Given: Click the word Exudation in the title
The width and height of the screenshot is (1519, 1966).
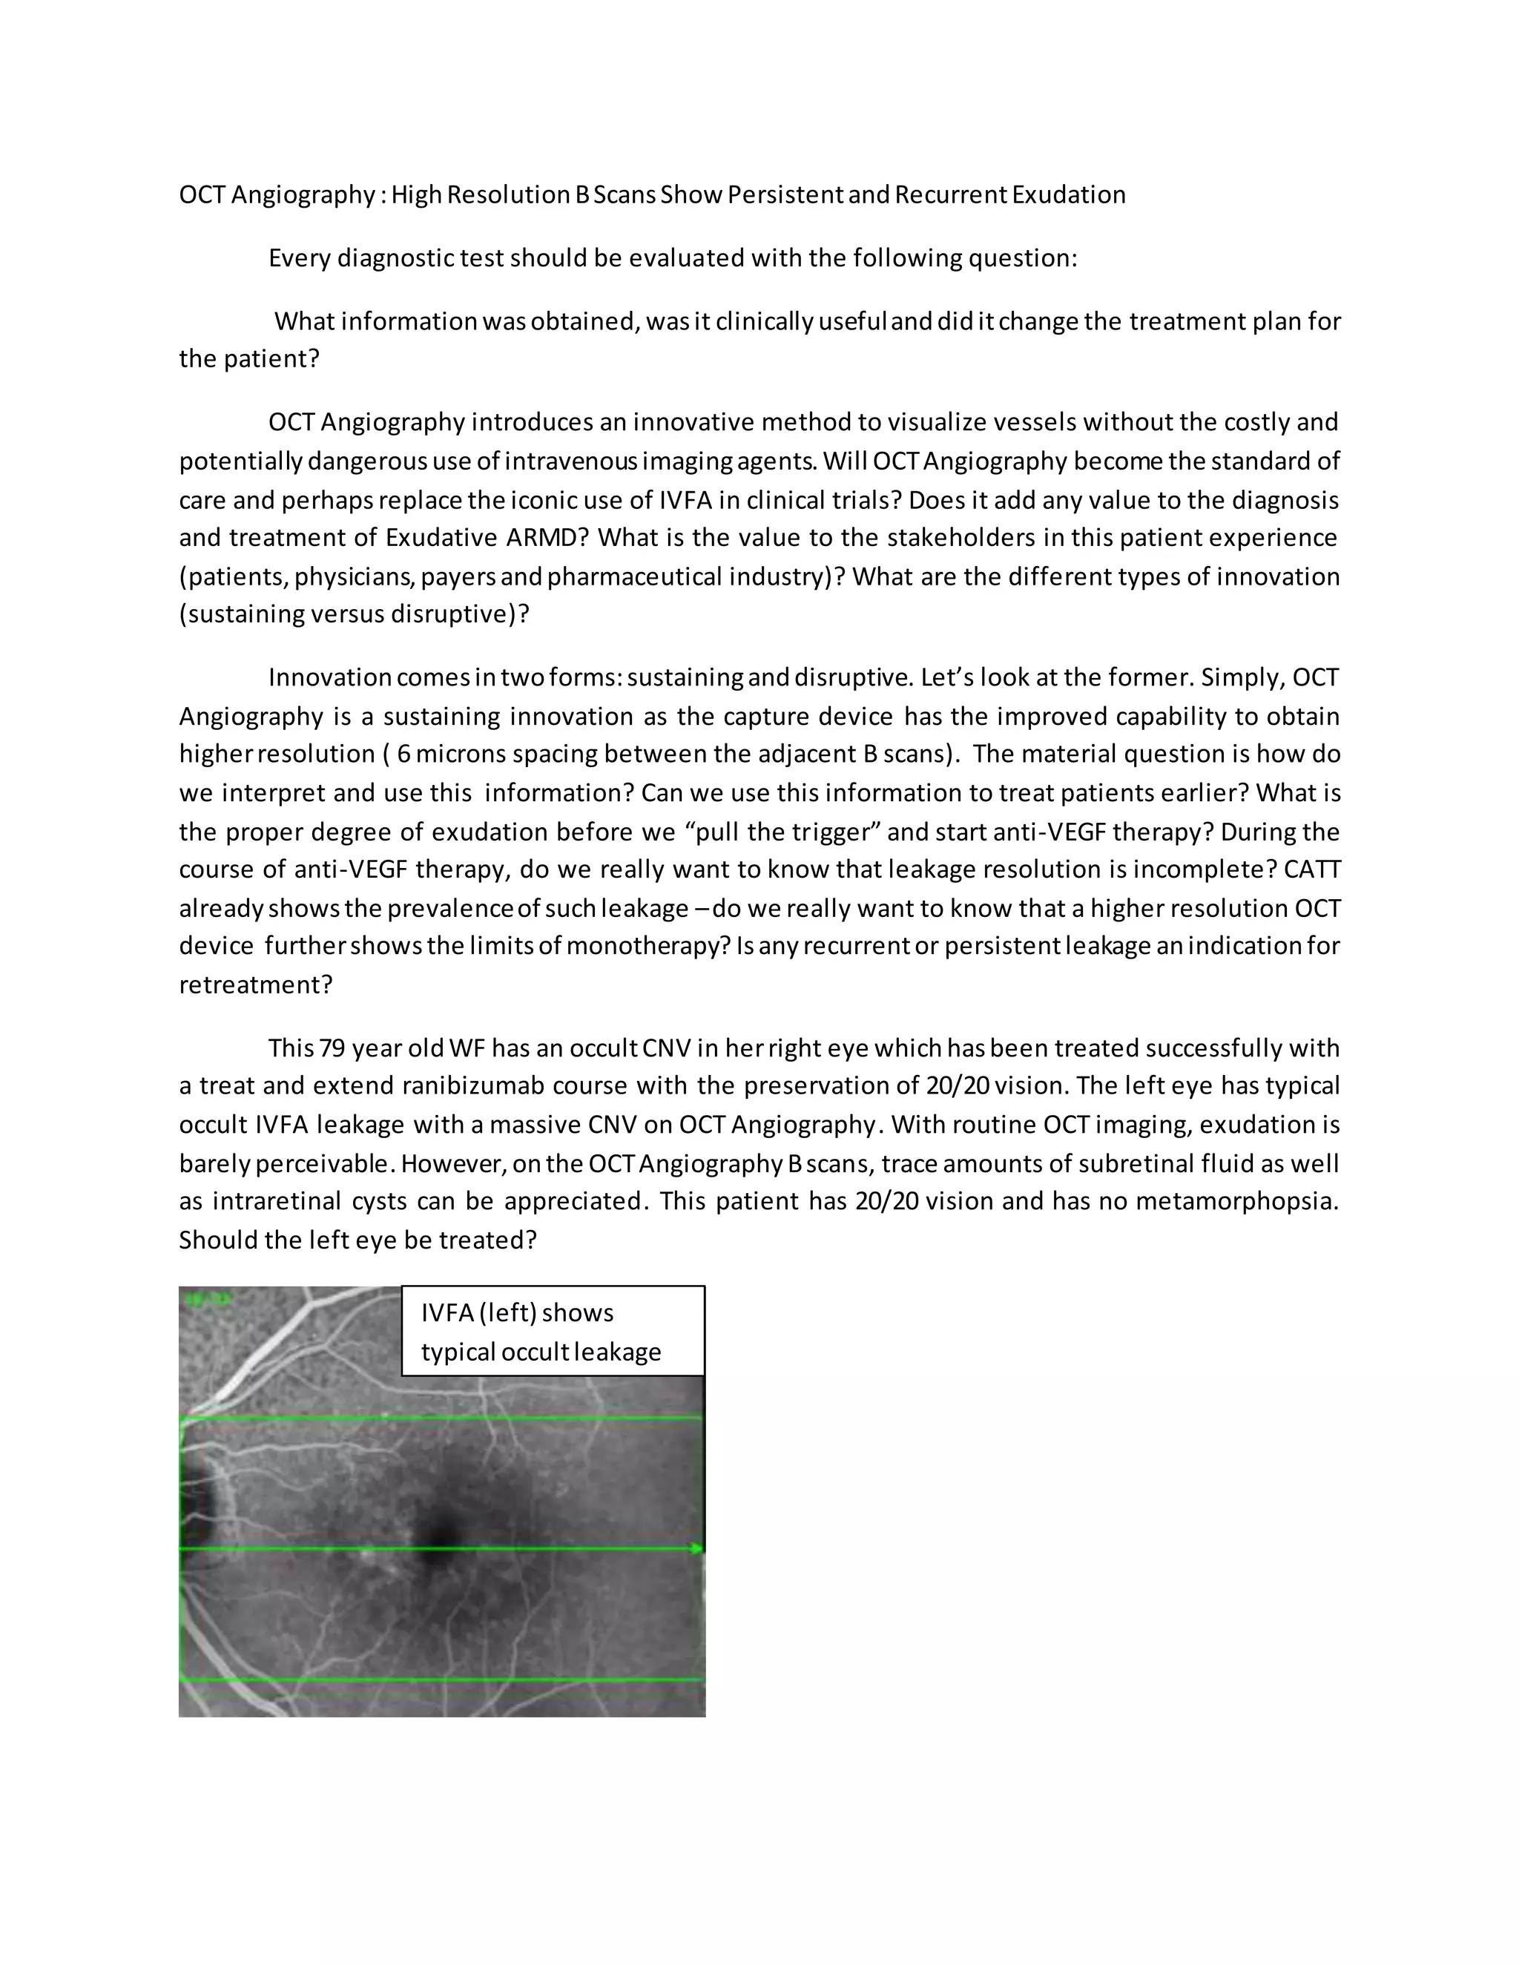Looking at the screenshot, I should click(x=1068, y=194).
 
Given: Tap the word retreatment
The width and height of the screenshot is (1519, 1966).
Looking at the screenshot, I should click(x=256, y=984).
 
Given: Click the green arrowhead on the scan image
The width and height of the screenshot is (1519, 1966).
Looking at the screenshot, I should click(x=697, y=1549).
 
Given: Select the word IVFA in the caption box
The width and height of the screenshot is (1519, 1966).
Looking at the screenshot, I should click(x=447, y=1312).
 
